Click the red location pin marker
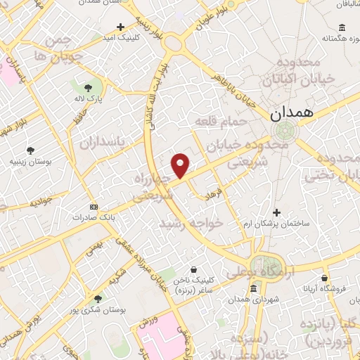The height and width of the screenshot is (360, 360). point(181,165)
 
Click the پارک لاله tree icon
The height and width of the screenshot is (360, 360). point(88,88)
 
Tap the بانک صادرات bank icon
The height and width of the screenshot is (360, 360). point(95,207)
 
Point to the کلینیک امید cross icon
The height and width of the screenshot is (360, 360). point(121,27)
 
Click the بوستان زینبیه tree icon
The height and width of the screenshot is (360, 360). point(30,150)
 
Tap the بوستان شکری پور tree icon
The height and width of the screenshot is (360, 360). point(98,299)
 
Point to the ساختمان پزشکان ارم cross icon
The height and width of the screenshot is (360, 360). point(276,212)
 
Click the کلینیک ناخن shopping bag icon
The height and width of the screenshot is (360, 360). point(194,269)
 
